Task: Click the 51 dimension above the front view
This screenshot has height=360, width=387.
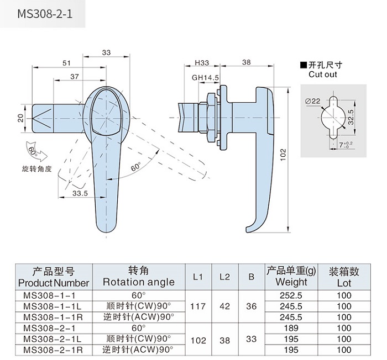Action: click(66, 63)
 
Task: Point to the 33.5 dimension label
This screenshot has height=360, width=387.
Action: click(80, 193)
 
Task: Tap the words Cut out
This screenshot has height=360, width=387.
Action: click(322, 74)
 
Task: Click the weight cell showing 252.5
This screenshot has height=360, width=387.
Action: click(291, 295)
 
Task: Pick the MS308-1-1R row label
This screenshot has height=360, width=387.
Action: click(54, 316)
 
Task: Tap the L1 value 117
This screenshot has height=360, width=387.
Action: click(198, 306)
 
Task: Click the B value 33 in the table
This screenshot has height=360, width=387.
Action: click(251, 340)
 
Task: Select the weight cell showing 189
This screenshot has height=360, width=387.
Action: click(291, 328)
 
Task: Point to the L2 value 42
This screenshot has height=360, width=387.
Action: click(224, 306)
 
